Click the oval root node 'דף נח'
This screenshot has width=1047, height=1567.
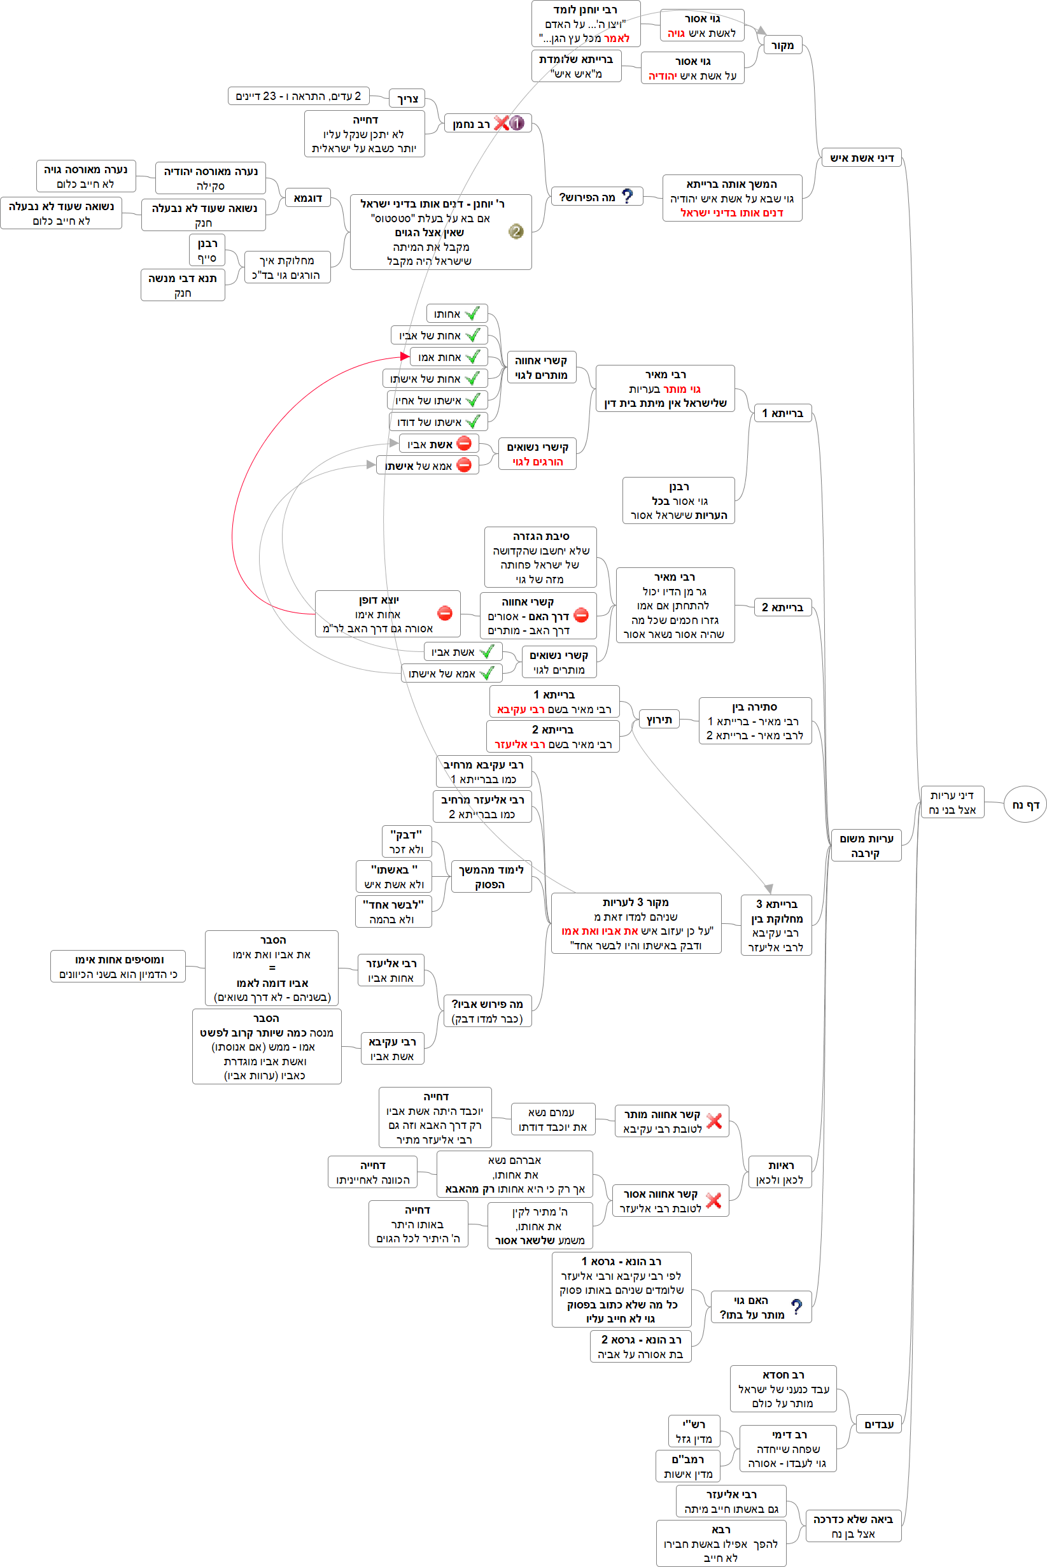pyautogui.click(x=1025, y=804)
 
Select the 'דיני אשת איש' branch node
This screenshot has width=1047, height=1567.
pyautogui.click(x=861, y=158)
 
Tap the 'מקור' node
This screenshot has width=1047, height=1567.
pyautogui.click(x=782, y=45)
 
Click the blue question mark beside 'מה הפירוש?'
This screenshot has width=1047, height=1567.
pyautogui.click(x=627, y=195)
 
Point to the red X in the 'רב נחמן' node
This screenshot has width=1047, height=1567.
pyautogui.click(x=501, y=123)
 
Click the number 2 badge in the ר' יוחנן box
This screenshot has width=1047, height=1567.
pyautogui.click(x=516, y=232)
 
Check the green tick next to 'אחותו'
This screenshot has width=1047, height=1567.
pyautogui.click(x=473, y=313)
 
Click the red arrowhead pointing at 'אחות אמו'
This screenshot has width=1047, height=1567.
pyautogui.click(x=405, y=357)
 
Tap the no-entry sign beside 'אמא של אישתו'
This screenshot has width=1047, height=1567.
pyautogui.click(x=464, y=465)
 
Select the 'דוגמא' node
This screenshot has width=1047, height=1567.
pyautogui.click(x=308, y=198)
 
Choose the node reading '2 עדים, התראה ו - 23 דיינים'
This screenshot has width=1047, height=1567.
pyautogui.click(x=298, y=96)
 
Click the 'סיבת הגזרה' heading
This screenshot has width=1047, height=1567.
pyautogui.click(x=541, y=536)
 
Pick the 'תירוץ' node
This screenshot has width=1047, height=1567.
pyautogui.click(x=659, y=720)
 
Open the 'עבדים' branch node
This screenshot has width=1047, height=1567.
pyautogui.click(x=879, y=1424)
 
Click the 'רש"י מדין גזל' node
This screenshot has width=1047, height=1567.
pyautogui.click(x=694, y=1431)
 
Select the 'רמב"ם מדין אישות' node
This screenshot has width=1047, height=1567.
pyautogui.click(x=689, y=1466)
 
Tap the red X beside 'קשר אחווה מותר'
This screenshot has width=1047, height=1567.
pyautogui.click(x=713, y=1121)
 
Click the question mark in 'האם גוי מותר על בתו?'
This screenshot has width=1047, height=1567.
pyautogui.click(x=796, y=1307)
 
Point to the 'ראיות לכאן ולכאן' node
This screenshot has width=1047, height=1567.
pyautogui.click(x=780, y=1172)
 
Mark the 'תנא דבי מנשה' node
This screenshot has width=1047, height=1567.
pyautogui.click(x=182, y=285)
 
